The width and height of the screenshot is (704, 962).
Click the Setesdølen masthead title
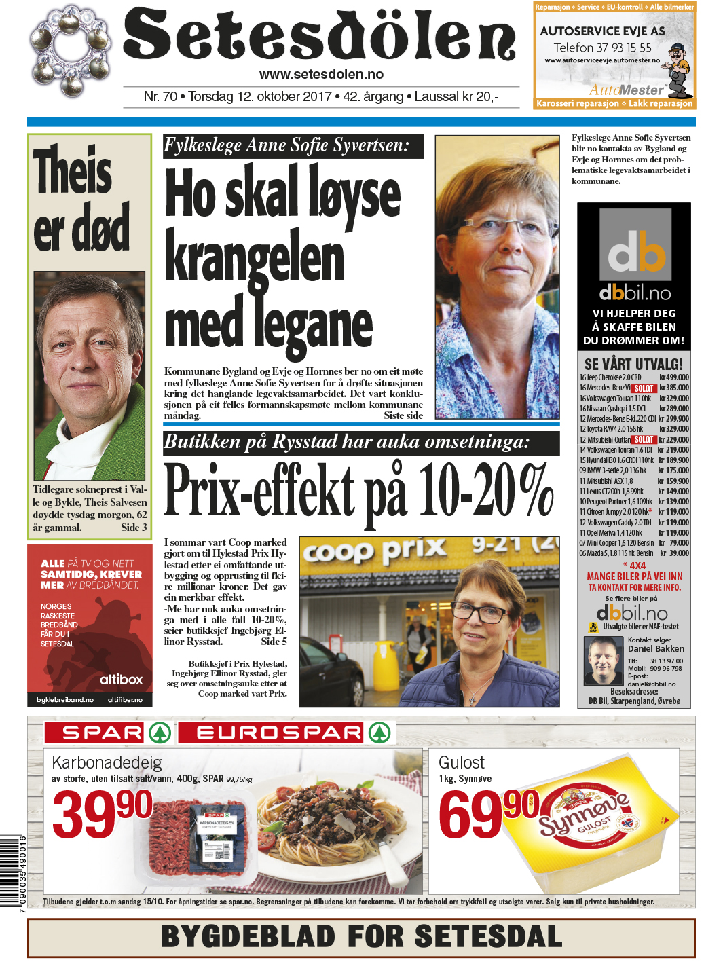[319, 35]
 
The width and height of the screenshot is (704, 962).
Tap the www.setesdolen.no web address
[321, 75]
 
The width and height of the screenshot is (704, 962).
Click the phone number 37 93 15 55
[602, 48]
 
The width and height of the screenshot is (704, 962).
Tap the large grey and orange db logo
[635, 246]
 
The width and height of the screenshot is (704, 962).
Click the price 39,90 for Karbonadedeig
[102, 813]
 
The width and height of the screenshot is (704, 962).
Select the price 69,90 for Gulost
[487, 813]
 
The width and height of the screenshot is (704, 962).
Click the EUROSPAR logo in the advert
[285, 733]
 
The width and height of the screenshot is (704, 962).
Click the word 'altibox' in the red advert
[121, 679]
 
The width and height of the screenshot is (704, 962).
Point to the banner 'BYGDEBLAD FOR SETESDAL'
[361, 937]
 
